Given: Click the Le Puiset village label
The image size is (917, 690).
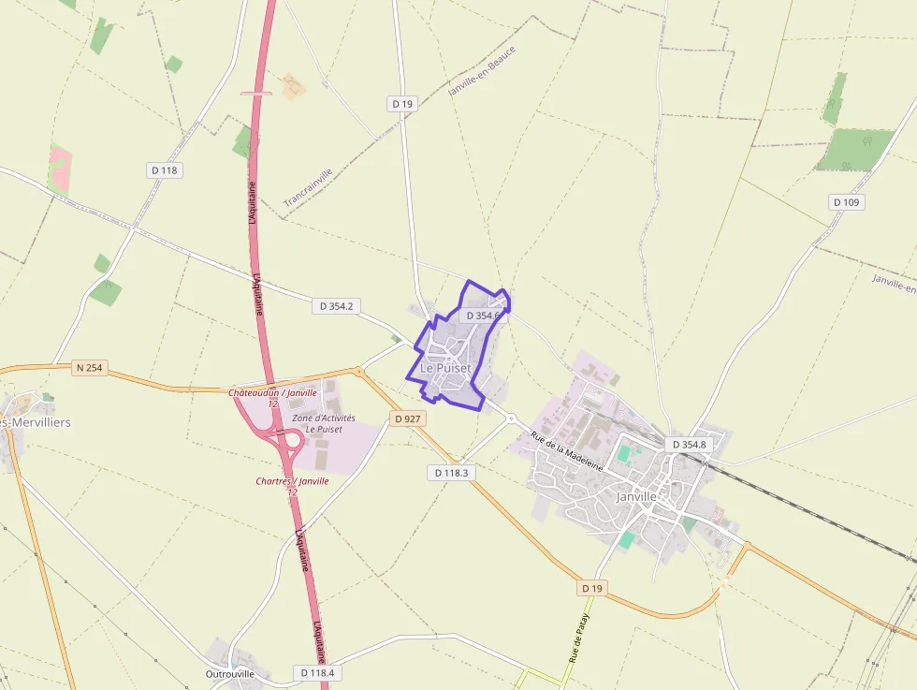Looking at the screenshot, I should [445, 368].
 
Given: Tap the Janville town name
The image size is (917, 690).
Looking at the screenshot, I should [639, 496].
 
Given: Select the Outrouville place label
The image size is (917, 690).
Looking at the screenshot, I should [229, 673].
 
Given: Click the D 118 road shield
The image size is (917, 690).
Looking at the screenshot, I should [164, 170].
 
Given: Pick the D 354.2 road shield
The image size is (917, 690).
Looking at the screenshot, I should [339, 306].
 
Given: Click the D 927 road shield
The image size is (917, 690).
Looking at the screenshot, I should [407, 418].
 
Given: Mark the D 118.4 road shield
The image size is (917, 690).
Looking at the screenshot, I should [317, 672].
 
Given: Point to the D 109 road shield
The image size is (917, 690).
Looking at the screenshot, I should [847, 202].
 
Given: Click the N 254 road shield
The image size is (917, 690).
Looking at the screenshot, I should [88, 368].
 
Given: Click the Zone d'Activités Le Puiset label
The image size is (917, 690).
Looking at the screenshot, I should [317, 423].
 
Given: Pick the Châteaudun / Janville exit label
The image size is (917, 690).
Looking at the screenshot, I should [272, 397].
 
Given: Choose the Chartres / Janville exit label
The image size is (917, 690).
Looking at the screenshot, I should [292, 486].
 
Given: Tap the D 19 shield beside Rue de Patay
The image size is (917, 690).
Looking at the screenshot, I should [591, 588].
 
